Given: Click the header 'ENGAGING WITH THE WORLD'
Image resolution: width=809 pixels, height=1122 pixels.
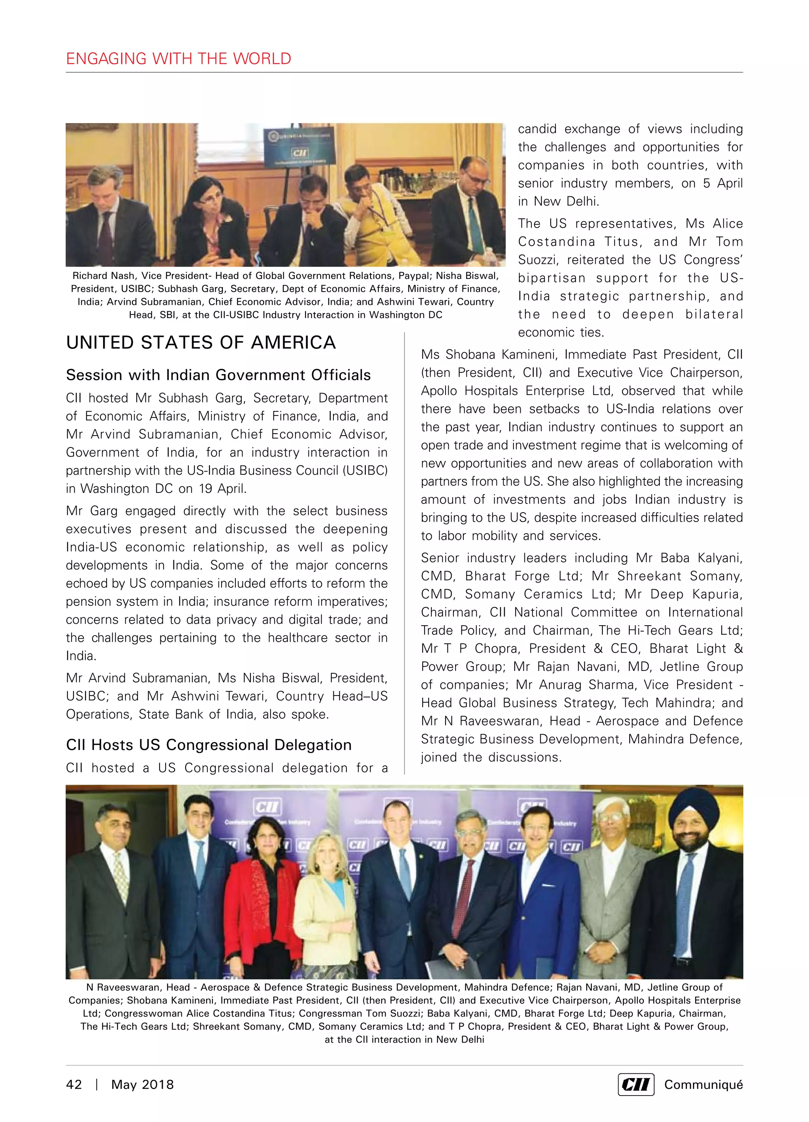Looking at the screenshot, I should pyautogui.click(x=179, y=59).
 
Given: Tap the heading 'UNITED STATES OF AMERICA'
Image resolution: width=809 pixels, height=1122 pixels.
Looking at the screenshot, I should pyautogui.click(x=201, y=342).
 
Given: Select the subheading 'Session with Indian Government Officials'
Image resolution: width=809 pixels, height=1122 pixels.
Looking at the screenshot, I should pyautogui.click(x=218, y=375).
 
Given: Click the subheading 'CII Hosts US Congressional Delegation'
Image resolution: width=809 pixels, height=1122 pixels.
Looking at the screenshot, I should pyautogui.click(x=209, y=744).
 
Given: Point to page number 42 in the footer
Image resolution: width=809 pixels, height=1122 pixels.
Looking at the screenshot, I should pyautogui.click(x=74, y=1084).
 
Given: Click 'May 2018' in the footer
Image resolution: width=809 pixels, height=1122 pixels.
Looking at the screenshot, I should pyautogui.click(x=143, y=1084).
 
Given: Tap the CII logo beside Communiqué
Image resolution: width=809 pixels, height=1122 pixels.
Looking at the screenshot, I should pyautogui.click(x=636, y=1084).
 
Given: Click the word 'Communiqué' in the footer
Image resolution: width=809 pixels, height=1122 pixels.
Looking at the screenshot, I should pyautogui.click(x=703, y=1084).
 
